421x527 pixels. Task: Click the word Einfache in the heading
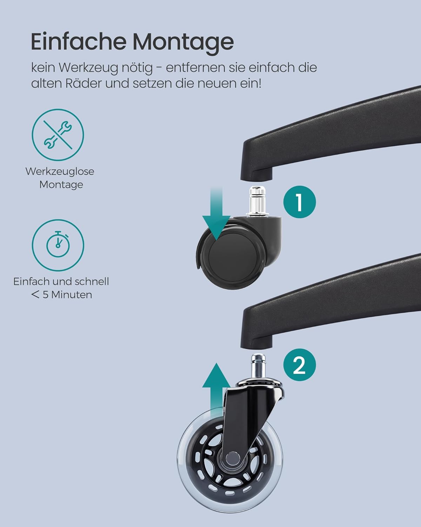point(79,41)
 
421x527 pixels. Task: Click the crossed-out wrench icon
point(58,135)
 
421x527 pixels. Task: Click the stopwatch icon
point(58,245)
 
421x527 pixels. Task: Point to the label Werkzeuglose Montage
point(60,178)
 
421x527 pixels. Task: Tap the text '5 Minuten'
point(67,295)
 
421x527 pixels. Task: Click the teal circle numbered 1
point(299,202)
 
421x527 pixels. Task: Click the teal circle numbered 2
point(299,365)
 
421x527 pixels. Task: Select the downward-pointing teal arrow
point(216,213)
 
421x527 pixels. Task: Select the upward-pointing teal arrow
point(216,392)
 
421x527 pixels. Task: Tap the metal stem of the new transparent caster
point(258,366)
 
